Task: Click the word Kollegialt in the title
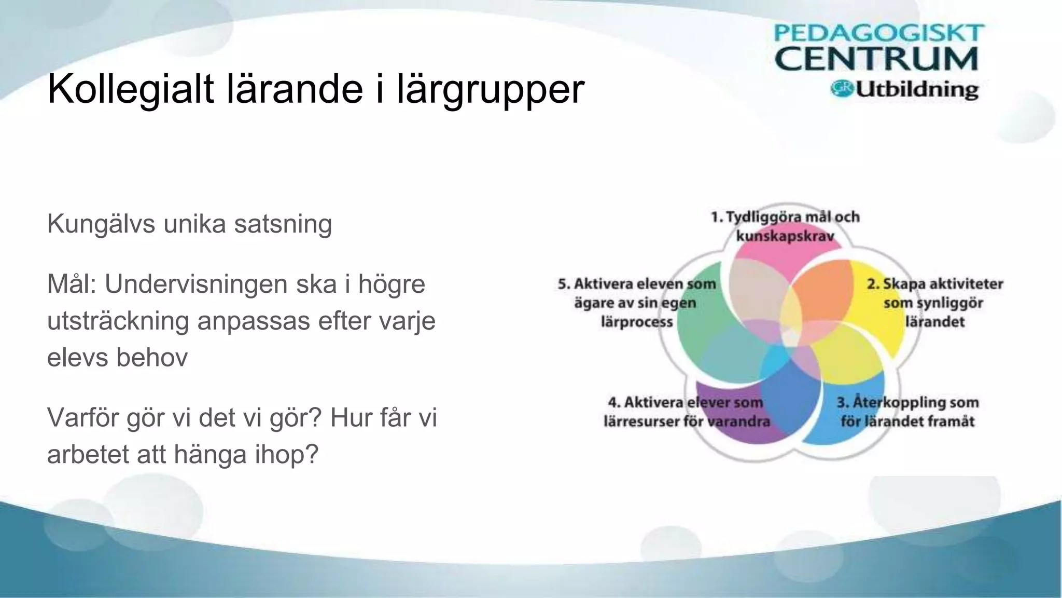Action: coord(130,89)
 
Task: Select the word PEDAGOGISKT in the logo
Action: coord(878,33)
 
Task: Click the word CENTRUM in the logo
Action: coord(876,59)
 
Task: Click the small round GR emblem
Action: coord(842,89)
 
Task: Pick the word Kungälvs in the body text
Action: coord(101,224)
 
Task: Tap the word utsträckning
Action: coord(118,321)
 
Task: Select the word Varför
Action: coord(82,417)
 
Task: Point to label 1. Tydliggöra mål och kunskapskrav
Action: coord(785,226)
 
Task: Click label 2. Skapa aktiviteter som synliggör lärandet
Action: coord(934,303)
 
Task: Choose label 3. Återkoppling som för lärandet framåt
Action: coord(907,412)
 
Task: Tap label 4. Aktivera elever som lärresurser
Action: coord(686,412)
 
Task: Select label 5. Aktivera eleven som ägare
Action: coord(637,303)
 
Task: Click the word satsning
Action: coord(283,224)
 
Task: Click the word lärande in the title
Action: coord(296,89)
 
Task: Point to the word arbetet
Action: coord(87,454)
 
